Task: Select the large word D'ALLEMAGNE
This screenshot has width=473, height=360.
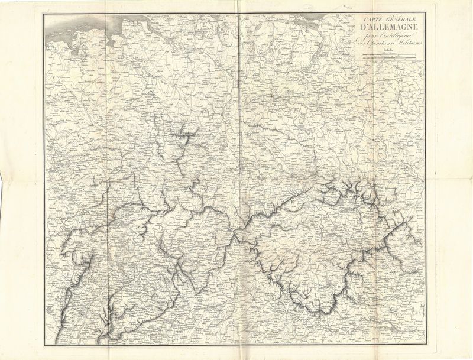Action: tap(388, 28)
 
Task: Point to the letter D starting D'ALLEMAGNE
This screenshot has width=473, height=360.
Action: tap(362, 28)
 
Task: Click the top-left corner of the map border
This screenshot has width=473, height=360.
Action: tap(43, 13)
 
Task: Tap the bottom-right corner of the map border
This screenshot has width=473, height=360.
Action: tap(426, 345)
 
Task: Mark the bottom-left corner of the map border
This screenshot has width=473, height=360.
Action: tap(43, 345)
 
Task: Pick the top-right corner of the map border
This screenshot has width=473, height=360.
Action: tap(426, 13)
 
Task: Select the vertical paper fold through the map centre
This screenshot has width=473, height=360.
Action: tap(238, 177)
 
